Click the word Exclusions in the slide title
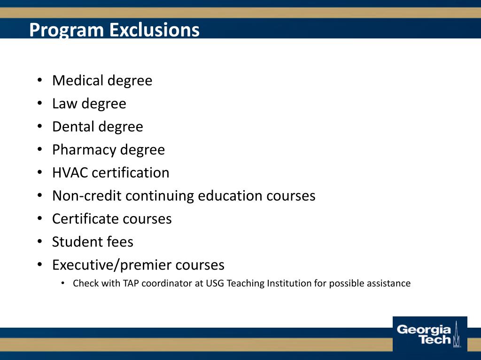(x=155, y=30)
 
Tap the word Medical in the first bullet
(x=77, y=81)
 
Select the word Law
(x=64, y=104)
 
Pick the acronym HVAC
(x=70, y=172)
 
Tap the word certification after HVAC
(x=131, y=172)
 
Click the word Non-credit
(x=87, y=195)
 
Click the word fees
(x=119, y=242)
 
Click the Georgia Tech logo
(x=429, y=334)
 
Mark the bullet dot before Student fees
(x=40, y=242)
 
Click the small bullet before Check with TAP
(x=63, y=283)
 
